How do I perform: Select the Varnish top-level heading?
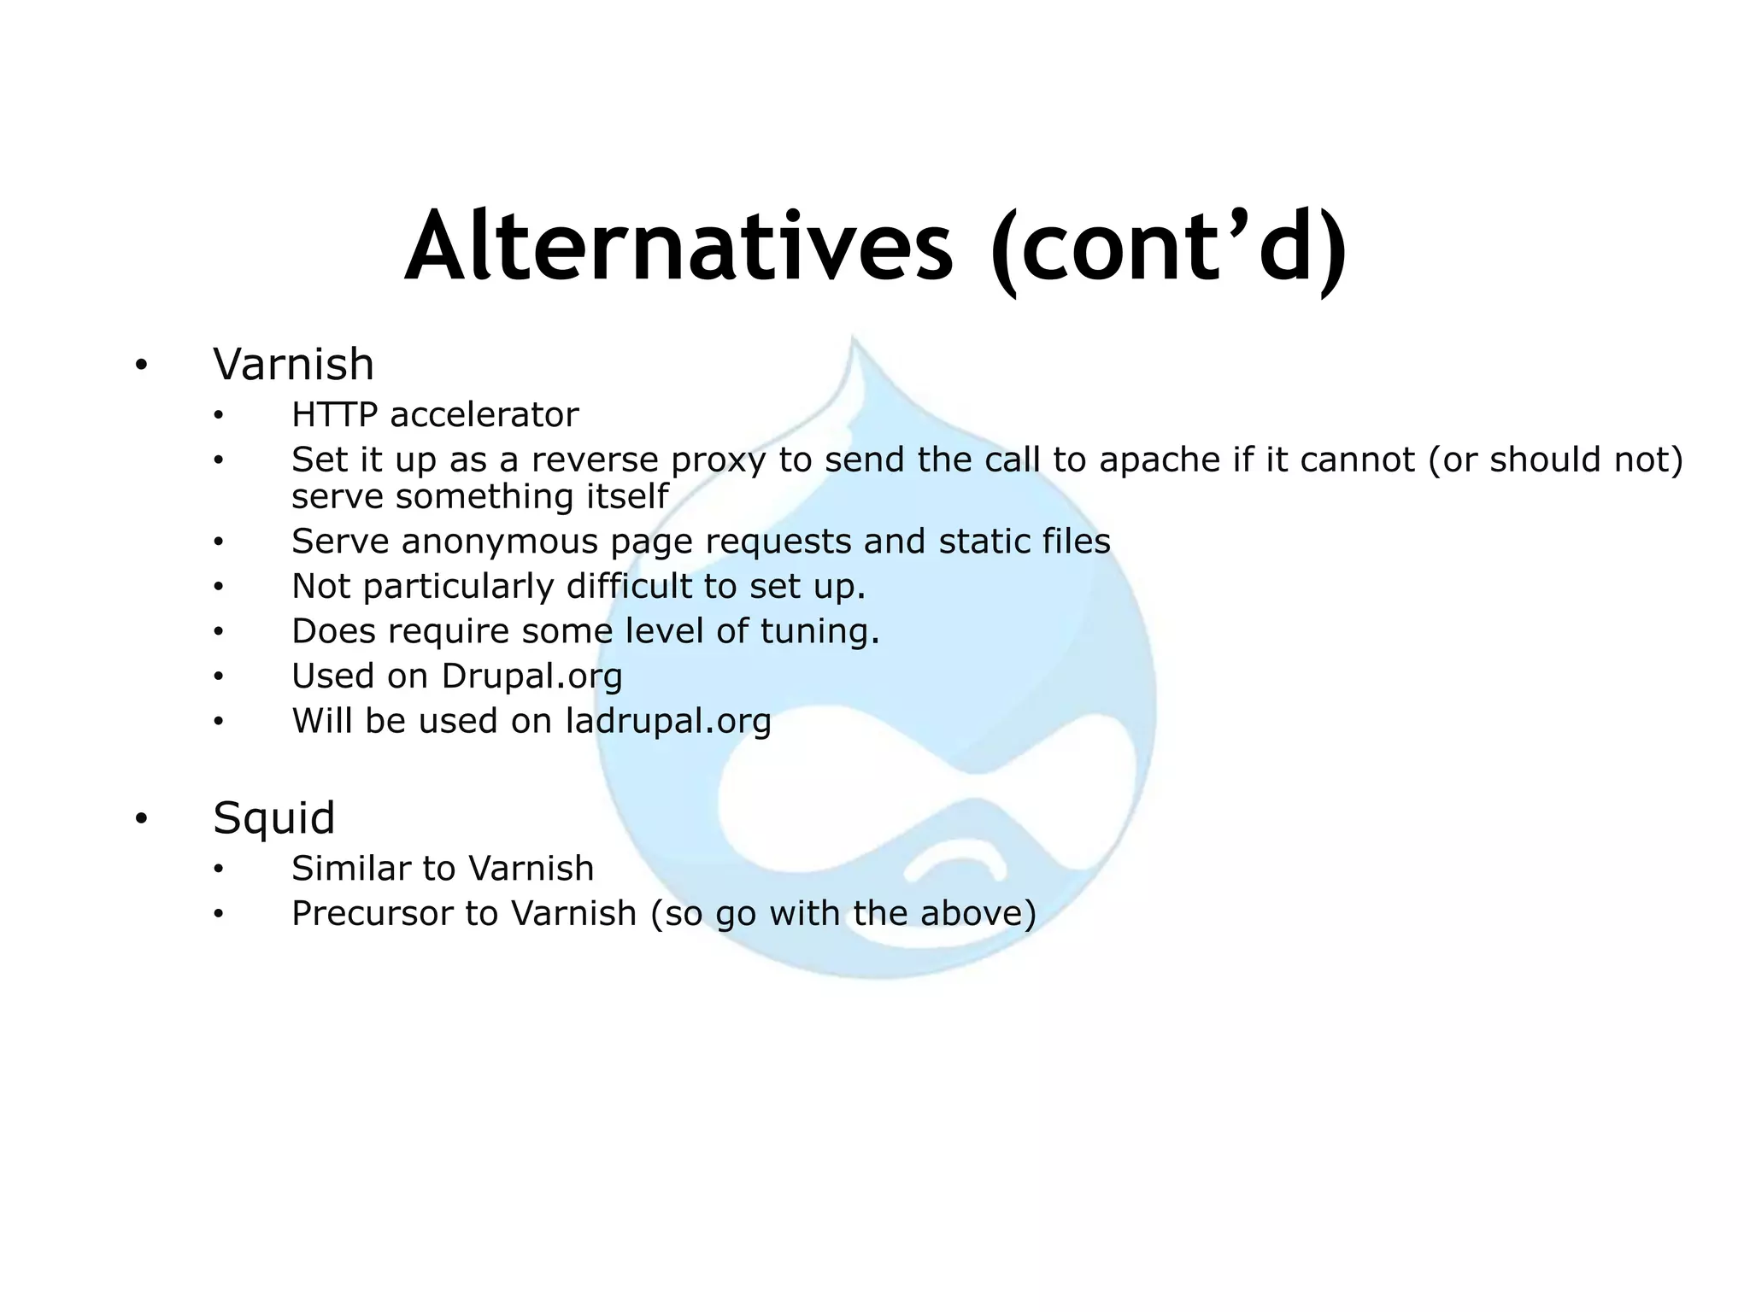[293, 365]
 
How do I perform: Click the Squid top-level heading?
[273, 818]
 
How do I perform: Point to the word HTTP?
[334, 415]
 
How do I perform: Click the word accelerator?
[484, 415]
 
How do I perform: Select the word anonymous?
[500, 542]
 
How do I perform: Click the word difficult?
[629, 587]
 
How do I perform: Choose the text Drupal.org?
[531, 677]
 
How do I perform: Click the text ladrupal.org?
[668, 722]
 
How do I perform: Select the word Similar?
[350, 869]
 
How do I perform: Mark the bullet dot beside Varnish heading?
[141, 366]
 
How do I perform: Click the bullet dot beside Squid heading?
[141, 820]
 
